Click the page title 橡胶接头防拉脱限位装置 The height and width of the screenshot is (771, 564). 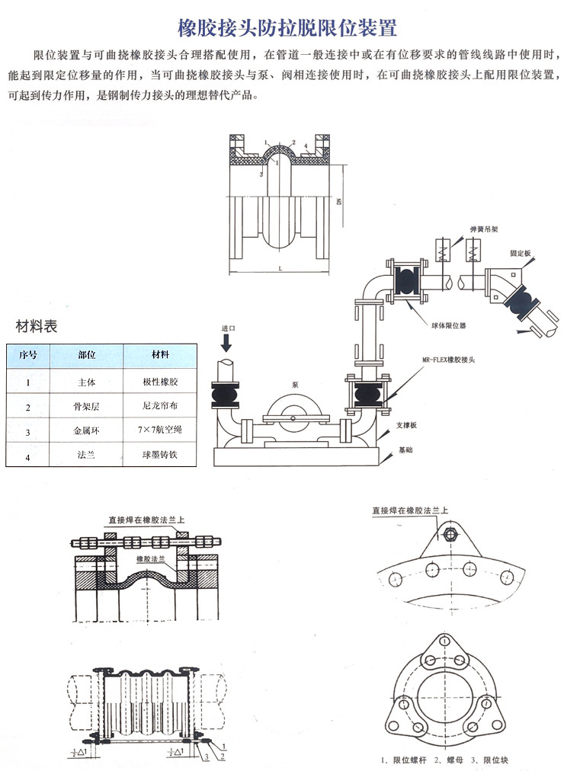pyautogui.click(x=287, y=29)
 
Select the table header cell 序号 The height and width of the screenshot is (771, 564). pyautogui.click(x=28, y=356)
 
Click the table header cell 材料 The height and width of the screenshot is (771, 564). pyautogui.click(x=160, y=356)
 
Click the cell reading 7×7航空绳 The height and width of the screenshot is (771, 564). pyautogui.click(x=160, y=432)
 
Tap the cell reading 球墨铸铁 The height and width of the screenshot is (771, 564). pyautogui.click(x=160, y=457)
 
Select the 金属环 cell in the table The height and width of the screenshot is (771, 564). pyautogui.click(x=86, y=432)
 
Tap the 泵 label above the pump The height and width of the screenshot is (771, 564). pyautogui.click(x=295, y=385)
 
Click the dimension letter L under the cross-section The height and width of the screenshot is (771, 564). pyautogui.click(x=280, y=268)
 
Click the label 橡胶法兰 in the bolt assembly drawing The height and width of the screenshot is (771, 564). pyautogui.click(x=151, y=559)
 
